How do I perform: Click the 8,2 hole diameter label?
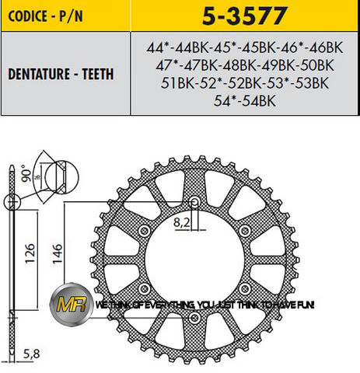point(181,221)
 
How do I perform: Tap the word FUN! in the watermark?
point(302,306)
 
